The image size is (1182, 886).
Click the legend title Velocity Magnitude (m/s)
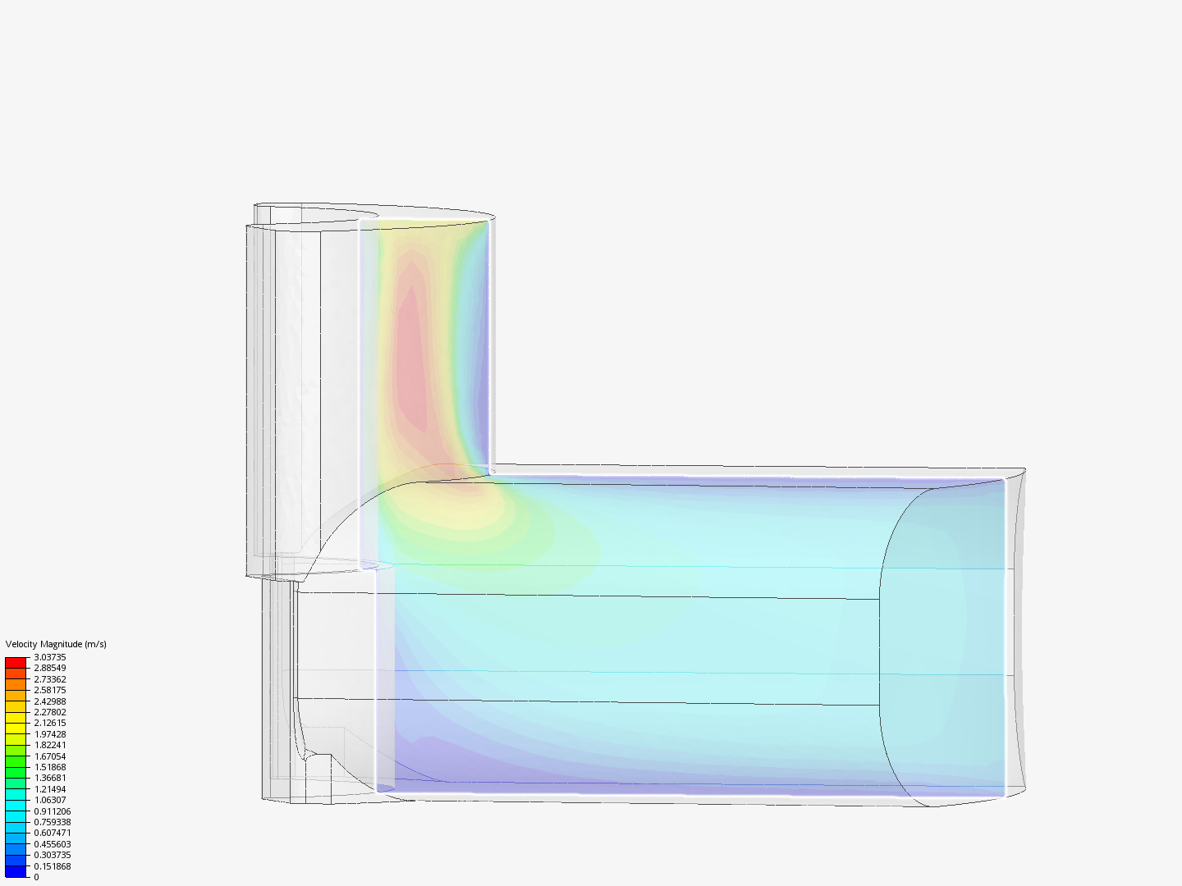[56, 644]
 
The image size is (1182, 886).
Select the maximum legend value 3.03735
[49, 657]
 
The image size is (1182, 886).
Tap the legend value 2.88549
[49, 668]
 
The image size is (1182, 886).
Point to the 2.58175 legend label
[49, 690]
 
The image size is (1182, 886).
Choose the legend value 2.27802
[49, 712]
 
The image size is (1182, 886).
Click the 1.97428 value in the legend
[49, 734]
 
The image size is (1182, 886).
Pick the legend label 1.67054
[49, 756]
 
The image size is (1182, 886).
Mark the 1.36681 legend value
[49, 778]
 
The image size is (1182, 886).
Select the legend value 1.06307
[49, 800]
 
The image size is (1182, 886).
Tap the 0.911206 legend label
[52, 811]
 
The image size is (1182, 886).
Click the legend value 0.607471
[52, 833]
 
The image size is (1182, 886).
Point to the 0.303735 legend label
[52, 855]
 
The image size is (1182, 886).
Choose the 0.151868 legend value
[52, 866]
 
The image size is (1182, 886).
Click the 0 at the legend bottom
[36, 877]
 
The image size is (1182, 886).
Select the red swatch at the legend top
[16, 662]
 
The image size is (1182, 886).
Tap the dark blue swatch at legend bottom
[16, 871]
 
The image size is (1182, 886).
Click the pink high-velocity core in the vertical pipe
[412, 353]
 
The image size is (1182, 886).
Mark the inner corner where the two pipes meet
[490, 470]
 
